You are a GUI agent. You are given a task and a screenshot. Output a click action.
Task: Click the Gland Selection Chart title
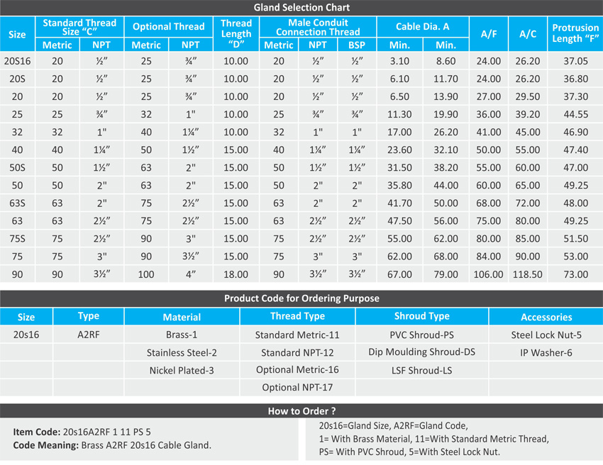click(x=301, y=8)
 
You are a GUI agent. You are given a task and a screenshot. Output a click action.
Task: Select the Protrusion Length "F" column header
click(x=575, y=33)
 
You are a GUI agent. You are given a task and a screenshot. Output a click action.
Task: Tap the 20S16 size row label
click(x=17, y=61)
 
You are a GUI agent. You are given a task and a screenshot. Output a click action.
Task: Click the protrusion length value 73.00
click(x=575, y=274)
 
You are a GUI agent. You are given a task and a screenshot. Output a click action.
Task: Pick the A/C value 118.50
click(x=528, y=274)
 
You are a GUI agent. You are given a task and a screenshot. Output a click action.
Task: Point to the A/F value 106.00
click(x=488, y=274)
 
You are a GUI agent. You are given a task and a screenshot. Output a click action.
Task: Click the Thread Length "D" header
click(x=236, y=33)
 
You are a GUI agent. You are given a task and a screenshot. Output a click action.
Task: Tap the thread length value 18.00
click(x=236, y=274)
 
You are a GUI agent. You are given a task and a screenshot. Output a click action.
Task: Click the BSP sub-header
click(x=357, y=45)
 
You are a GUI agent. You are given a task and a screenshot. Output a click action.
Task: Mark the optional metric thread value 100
click(x=146, y=274)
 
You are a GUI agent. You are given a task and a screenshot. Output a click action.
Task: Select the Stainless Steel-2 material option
click(x=182, y=352)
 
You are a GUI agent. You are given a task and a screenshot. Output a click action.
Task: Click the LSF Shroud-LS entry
click(x=421, y=370)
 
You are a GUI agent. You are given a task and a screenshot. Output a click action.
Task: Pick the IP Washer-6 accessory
click(x=546, y=352)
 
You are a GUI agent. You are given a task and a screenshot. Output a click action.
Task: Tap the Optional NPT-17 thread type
click(x=297, y=388)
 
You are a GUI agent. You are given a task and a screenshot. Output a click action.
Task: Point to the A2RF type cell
click(x=88, y=335)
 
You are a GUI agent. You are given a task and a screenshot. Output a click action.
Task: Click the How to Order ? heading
click(x=301, y=410)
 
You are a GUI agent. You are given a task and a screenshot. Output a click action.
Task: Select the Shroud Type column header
click(x=421, y=316)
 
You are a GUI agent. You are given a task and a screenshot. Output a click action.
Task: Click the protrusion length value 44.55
click(x=575, y=114)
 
